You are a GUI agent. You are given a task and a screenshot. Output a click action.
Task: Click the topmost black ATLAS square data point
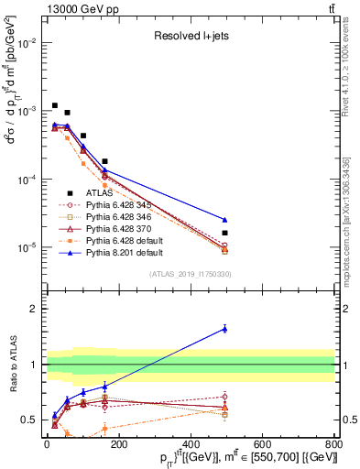[x=55, y=105]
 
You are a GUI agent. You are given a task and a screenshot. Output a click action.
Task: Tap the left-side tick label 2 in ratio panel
[x=32, y=309]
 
